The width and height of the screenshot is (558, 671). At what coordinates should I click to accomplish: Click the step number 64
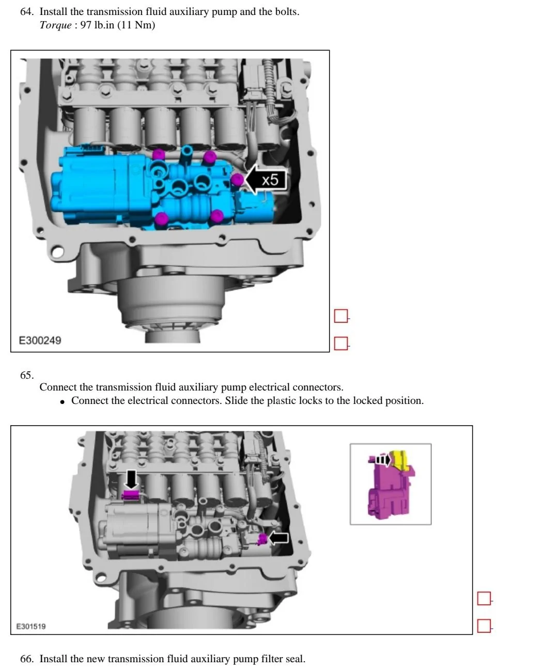(x=26, y=11)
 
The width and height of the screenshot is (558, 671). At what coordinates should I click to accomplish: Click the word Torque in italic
(x=55, y=25)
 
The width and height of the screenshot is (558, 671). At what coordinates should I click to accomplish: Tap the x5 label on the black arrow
(x=269, y=180)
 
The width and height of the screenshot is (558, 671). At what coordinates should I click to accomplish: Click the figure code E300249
(x=40, y=340)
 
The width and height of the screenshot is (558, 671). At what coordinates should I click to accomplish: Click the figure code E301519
(x=30, y=626)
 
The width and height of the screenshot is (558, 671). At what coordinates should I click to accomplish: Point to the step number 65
(x=26, y=375)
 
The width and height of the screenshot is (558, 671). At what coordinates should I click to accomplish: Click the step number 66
(x=26, y=659)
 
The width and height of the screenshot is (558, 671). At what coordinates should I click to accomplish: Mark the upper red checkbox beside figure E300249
(x=341, y=316)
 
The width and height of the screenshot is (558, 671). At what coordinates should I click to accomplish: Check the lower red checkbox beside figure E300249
(x=341, y=343)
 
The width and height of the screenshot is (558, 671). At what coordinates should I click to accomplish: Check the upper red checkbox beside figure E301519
(x=484, y=599)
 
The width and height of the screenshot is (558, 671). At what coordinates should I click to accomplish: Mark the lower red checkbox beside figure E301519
(x=484, y=626)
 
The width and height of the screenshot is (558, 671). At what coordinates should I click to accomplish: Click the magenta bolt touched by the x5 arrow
(x=237, y=180)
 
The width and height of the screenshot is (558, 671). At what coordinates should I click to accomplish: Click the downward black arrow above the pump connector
(x=131, y=479)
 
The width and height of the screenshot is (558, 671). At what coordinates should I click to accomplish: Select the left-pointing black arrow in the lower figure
(x=278, y=538)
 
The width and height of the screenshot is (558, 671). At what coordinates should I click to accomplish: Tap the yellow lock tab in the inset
(x=401, y=459)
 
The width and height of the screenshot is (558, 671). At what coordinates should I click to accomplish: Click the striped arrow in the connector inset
(x=382, y=459)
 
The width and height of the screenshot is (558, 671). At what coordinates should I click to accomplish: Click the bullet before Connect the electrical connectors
(x=62, y=401)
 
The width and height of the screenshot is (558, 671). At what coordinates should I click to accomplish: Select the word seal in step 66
(x=295, y=659)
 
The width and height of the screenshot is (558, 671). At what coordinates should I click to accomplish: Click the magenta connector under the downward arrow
(x=131, y=496)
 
